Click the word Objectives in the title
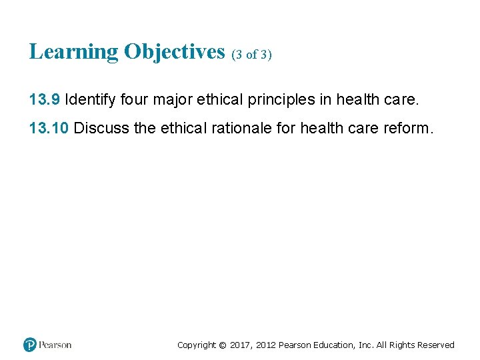(x=174, y=51)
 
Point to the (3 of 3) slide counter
(x=252, y=55)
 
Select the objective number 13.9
(x=45, y=100)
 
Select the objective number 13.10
(x=49, y=128)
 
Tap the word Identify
(x=90, y=100)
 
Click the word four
(x=135, y=100)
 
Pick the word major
(x=173, y=100)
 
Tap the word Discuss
(x=102, y=128)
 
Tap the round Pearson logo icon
(x=30, y=345)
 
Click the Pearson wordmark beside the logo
(x=55, y=345)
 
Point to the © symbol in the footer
(x=223, y=345)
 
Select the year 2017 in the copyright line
(x=241, y=345)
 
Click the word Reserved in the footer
(x=435, y=345)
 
